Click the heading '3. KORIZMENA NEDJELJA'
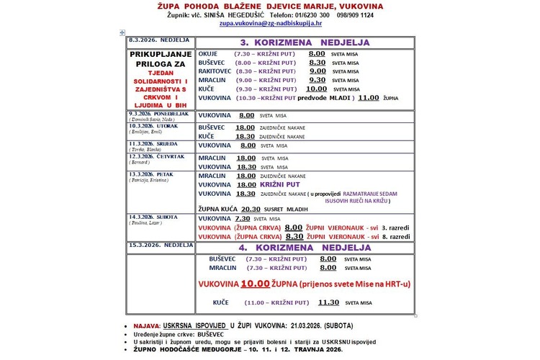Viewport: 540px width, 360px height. (x=305, y=42)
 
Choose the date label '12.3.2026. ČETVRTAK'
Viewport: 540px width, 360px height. (x=151, y=155)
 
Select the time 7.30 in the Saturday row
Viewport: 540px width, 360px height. (x=242, y=218)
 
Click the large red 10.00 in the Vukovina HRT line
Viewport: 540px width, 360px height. (x=262, y=284)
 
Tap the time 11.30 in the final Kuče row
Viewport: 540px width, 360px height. (x=328, y=303)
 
